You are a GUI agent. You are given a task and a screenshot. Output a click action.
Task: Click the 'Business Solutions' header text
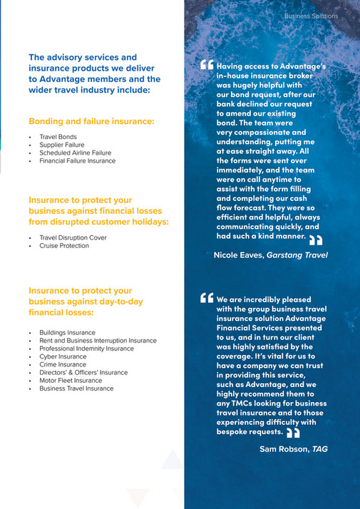311,16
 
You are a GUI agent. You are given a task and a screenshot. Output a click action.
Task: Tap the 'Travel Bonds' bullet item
58,137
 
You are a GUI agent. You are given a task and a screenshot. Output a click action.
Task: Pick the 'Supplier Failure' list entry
61,145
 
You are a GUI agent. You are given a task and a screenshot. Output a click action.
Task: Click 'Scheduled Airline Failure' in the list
75,153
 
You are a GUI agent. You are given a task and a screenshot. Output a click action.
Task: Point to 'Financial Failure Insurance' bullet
77,161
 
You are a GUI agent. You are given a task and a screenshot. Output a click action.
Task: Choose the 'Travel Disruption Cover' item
73,237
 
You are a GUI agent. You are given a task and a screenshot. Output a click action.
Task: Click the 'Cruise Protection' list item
64,246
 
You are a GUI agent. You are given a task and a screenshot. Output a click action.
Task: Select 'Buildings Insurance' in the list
67,332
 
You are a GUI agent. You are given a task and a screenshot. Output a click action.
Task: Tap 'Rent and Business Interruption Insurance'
98,341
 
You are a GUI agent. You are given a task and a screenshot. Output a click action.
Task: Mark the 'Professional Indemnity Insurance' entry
86,349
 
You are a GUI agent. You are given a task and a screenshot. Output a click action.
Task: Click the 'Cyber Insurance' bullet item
63,356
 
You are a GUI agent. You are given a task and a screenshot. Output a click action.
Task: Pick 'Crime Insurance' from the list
63,364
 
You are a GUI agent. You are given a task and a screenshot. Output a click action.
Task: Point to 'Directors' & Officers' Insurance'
83,373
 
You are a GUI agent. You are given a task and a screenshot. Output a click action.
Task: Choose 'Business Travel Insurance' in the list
76,389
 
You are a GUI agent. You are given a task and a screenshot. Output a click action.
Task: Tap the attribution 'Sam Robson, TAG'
294,449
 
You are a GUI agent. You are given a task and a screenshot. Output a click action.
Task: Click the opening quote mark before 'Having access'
207,65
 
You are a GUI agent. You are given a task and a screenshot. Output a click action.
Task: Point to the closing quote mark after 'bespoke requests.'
293,433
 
